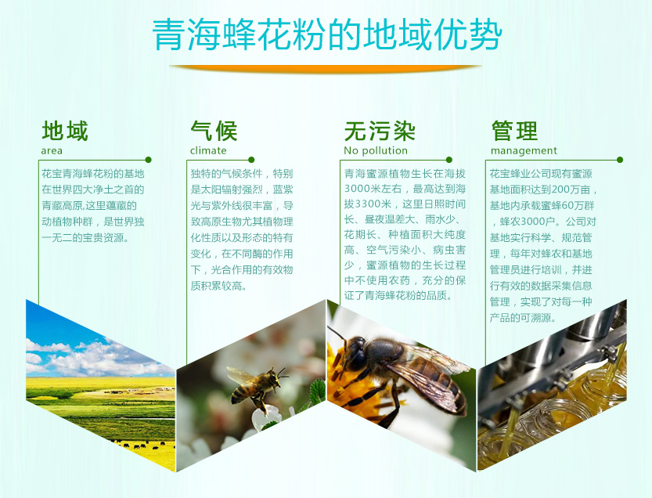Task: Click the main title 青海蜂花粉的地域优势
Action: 327,34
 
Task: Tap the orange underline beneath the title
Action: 325,68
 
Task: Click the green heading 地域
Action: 65,131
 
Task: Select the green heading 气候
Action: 214,131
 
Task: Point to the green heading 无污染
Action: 379,131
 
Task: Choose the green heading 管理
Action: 514,131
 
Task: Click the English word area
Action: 52,150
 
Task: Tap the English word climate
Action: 208,150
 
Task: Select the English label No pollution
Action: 376,150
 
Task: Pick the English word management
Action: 524,151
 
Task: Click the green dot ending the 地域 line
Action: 149,160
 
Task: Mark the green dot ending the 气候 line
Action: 251,160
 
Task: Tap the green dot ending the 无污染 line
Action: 449,160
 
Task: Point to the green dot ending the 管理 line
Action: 620,160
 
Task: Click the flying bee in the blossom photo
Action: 256,388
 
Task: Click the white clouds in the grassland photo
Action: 95,358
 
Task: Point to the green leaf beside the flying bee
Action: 318,391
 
